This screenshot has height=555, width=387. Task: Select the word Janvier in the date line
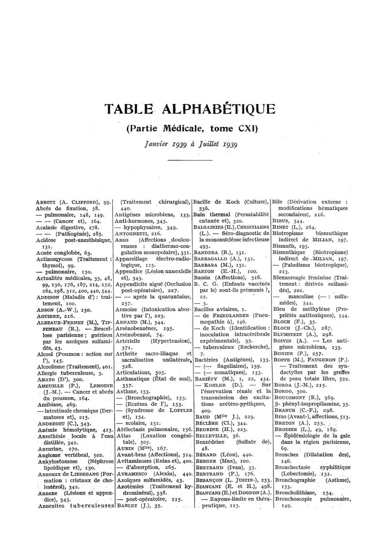coord(157,144)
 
